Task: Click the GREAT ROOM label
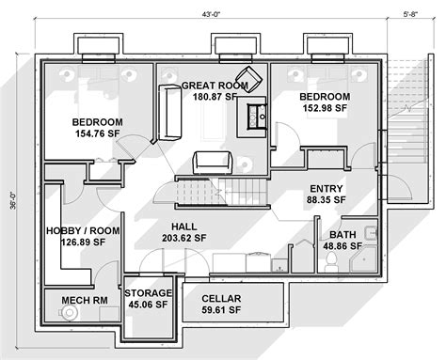[x=215, y=84]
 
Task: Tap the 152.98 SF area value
[x=325, y=109]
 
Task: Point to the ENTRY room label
[x=326, y=187]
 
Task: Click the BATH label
[x=342, y=234]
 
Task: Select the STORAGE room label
[x=149, y=292]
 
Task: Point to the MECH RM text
[x=81, y=302]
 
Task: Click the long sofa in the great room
[x=171, y=110]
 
